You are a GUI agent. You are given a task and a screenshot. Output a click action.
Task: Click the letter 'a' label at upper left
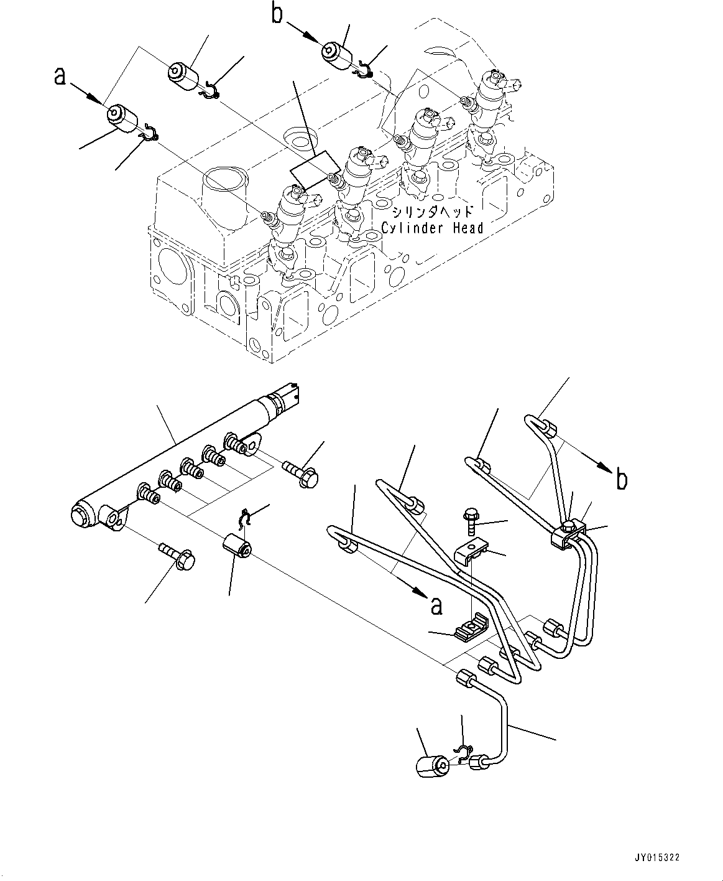[x=60, y=76]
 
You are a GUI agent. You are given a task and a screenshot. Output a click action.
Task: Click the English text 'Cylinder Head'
[x=432, y=228]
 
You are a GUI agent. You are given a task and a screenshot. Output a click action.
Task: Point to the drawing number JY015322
[x=657, y=857]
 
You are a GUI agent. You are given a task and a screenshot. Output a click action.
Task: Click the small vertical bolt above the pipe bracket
[x=471, y=520]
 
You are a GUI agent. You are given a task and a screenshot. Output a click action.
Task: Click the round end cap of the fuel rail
[x=83, y=515]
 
